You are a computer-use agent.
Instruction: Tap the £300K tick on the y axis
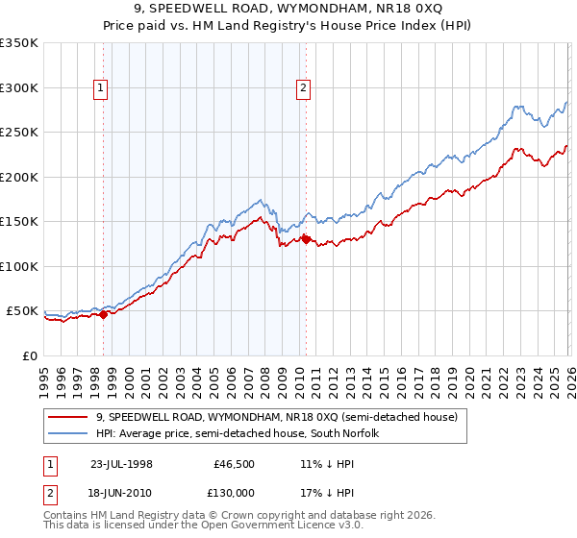[19, 87]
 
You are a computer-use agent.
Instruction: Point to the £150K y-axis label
[19, 221]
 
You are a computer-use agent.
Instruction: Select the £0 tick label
[29, 355]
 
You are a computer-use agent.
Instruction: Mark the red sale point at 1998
[104, 314]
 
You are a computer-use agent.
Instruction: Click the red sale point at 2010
[306, 239]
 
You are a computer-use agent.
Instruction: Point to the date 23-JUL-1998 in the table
[123, 463]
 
